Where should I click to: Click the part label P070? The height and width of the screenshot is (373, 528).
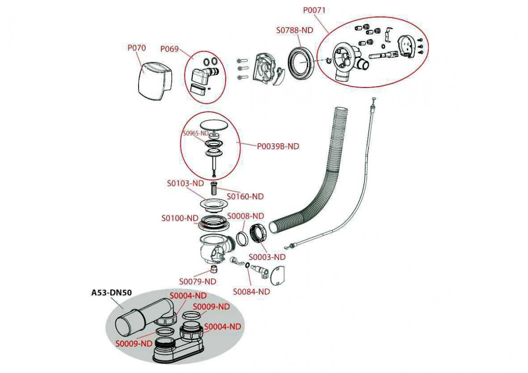pos(136,48)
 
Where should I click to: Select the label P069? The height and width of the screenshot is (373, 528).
pos(169,49)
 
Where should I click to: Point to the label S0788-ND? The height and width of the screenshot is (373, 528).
pos(294,30)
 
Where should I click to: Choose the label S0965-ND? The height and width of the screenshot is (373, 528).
pos(196,133)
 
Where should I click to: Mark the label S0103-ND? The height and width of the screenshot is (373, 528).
pos(185,183)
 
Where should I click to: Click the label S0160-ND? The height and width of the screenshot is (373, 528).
pos(245,197)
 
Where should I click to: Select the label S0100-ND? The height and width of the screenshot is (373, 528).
pos(180,218)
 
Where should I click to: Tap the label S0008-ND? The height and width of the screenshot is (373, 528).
pos(245,216)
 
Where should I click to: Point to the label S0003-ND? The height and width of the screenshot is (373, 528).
pos(267,257)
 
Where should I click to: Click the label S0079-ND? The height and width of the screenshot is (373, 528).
pos(198,281)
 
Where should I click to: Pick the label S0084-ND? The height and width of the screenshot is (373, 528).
pos(251,291)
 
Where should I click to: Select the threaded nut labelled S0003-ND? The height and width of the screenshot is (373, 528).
pos(258,233)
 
